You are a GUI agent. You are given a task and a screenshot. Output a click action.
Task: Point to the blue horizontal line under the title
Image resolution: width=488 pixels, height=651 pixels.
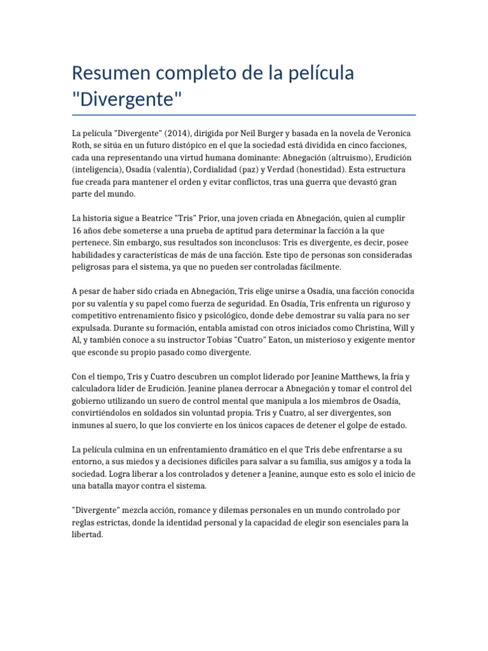click(244, 115)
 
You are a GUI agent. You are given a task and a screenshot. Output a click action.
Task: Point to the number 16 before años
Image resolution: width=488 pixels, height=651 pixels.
click(77, 230)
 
